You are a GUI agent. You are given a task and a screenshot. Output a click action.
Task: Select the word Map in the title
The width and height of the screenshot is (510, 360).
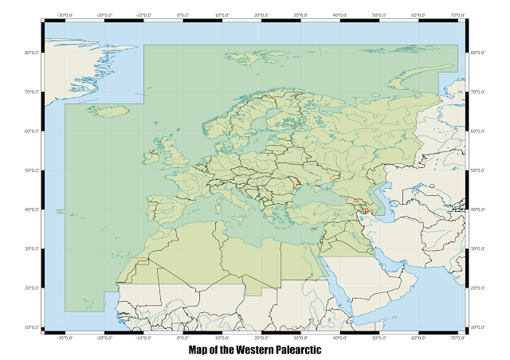click(199, 350)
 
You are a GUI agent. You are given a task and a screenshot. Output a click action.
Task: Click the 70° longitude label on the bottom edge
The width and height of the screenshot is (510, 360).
click(457, 338)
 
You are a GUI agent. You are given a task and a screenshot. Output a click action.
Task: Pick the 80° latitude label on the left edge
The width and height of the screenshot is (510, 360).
click(31, 53)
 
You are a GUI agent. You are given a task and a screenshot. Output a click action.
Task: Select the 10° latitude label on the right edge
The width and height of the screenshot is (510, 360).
click(479, 327)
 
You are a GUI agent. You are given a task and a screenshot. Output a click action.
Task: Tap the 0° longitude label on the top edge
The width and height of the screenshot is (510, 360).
click(182, 14)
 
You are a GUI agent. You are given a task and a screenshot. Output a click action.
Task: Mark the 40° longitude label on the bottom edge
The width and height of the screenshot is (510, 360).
click(339, 338)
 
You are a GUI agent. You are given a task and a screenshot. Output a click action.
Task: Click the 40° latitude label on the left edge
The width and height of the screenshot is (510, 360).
click(31, 209)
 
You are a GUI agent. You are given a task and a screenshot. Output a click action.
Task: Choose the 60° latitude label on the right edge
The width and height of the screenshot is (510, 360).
click(479, 131)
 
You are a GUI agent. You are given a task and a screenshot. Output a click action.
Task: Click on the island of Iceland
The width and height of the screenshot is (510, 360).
click(107, 111)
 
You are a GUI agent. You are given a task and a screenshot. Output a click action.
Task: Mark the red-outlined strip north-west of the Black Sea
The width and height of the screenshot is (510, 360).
click(298, 182)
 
